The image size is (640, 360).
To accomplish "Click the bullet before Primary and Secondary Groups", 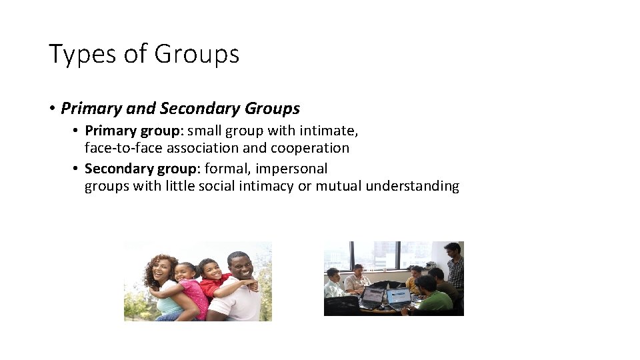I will pos(51,109).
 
